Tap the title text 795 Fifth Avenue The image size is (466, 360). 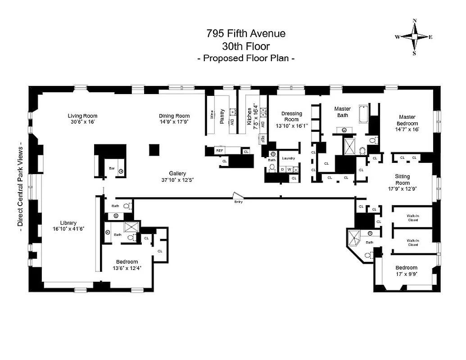click(245, 33)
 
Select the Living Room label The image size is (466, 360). click(82, 116)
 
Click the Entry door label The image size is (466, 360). click(238, 202)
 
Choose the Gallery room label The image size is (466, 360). click(177, 173)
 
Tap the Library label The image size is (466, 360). click(68, 223)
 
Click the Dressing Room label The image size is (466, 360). click(291, 117)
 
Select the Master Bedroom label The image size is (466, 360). click(407, 121)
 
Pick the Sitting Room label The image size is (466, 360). click(402, 180)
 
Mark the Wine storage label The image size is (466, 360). click(211, 114)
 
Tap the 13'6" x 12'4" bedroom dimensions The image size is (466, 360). click(127, 269)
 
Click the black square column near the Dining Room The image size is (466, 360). click(154, 149)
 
